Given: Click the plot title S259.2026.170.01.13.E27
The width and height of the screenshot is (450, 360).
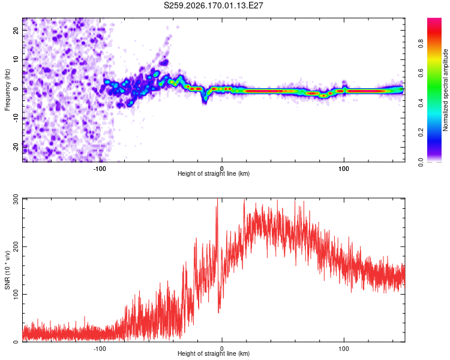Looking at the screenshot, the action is (213, 5).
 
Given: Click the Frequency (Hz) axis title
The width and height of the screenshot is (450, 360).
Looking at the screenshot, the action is (7, 90).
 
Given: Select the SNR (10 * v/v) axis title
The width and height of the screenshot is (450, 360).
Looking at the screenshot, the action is (7, 270).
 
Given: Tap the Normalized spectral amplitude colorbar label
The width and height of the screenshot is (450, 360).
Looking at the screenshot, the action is (445, 90).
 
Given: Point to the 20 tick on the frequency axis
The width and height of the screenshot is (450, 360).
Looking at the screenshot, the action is (16, 30).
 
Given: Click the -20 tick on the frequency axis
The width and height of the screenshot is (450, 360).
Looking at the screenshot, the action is (16, 148).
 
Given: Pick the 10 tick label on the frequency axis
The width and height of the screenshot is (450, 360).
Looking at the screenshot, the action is (16, 59).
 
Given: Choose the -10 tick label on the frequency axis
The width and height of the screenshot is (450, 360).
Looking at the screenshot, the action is (16, 118).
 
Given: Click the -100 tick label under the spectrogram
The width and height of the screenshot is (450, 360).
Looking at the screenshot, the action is (100, 169).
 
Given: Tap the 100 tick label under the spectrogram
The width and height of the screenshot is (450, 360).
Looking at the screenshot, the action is (344, 169).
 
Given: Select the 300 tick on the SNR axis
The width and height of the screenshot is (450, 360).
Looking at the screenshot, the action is (16, 199).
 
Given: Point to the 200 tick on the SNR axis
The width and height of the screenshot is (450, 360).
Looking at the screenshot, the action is (16, 247).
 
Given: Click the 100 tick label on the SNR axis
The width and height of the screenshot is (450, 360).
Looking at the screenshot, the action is (16, 294).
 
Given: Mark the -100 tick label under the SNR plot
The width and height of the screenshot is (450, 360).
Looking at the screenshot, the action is (100, 349).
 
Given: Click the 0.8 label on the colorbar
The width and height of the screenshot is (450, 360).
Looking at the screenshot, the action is (421, 44).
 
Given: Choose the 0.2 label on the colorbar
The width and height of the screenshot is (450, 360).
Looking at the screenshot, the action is (421, 133).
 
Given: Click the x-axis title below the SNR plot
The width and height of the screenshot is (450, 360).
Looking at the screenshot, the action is (214, 353).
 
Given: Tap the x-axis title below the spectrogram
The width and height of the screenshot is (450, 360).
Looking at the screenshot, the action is (214, 173).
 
